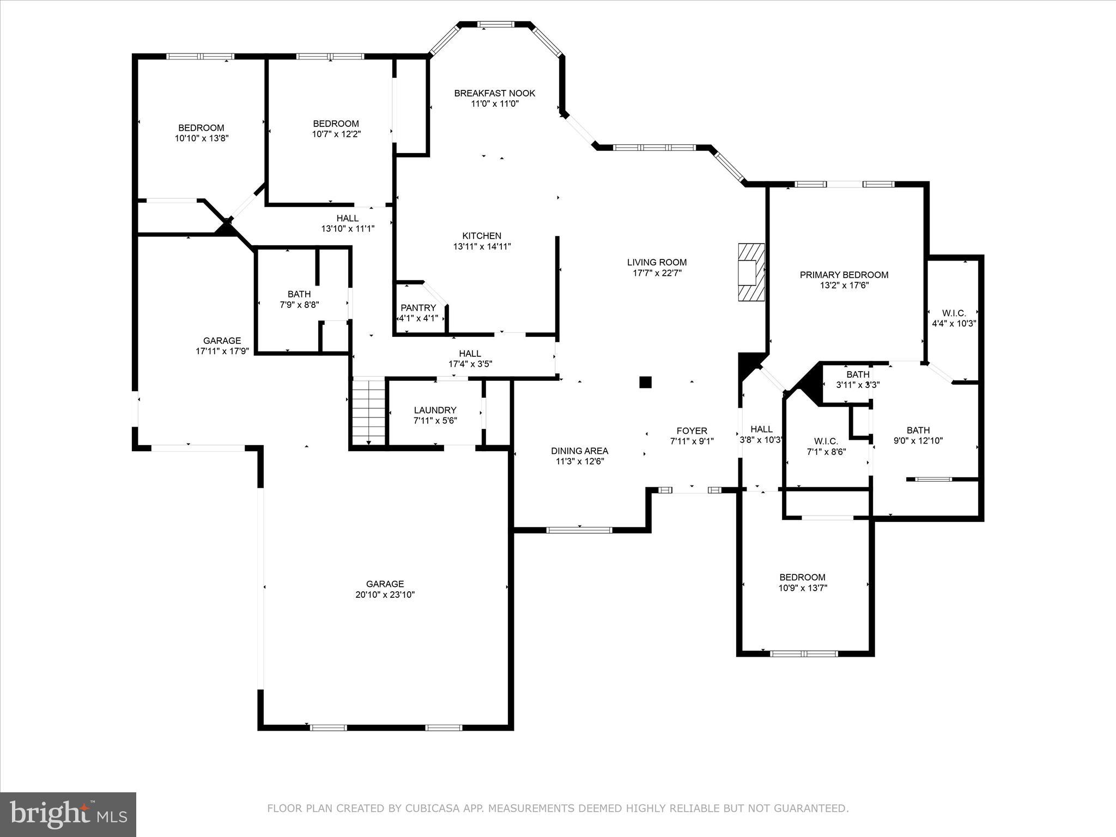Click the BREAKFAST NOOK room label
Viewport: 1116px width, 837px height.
pyautogui.click(x=494, y=93)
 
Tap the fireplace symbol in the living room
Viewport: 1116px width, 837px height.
pyautogui.click(x=751, y=272)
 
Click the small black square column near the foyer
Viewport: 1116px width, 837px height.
pyautogui.click(x=645, y=382)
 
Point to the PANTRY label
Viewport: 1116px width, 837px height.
pyautogui.click(x=418, y=308)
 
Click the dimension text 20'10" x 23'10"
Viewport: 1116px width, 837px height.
pyautogui.click(x=385, y=595)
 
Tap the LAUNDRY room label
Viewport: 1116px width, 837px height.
pyautogui.click(x=435, y=410)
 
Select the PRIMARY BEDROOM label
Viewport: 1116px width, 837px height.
pyautogui.click(x=844, y=275)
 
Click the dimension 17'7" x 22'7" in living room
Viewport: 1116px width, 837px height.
pyautogui.click(x=657, y=273)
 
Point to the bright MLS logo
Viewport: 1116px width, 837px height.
pyautogui.click(x=68, y=814)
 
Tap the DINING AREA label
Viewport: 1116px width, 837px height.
pyautogui.click(x=579, y=451)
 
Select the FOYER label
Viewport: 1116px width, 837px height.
pyautogui.click(x=692, y=430)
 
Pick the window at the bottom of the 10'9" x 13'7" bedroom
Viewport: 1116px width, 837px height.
pyautogui.click(x=804, y=653)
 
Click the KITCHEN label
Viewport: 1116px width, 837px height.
pyautogui.click(x=482, y=236)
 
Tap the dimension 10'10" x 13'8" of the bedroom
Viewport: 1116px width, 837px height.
pyautogui.click(x=201, y=138)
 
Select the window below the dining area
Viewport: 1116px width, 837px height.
pyautogui.click(x=579, y=530)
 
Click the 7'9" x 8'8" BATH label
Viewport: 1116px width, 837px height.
pyautogui.click(x=299, y=294)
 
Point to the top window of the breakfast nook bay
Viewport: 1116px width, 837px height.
pyautogui.click(x=495, y=24)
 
